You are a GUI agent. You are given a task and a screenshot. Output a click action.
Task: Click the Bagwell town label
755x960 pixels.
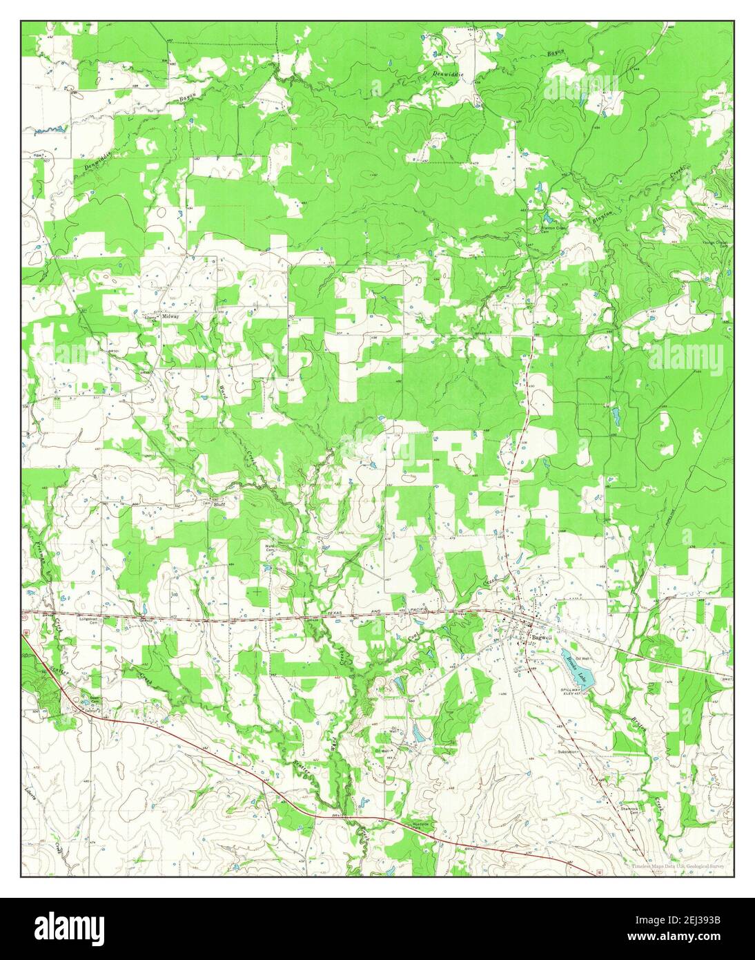click(x=540, y=637)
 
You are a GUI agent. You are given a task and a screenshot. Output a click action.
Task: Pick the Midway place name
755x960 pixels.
click(x=170, y=316)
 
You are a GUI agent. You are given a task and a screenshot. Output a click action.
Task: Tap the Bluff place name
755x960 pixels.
click(x=219, y=504)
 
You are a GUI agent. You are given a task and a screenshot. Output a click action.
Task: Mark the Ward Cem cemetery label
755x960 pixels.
click(x=271, y=548)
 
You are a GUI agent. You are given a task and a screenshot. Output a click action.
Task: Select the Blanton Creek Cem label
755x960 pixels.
click(x=552, y=230)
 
